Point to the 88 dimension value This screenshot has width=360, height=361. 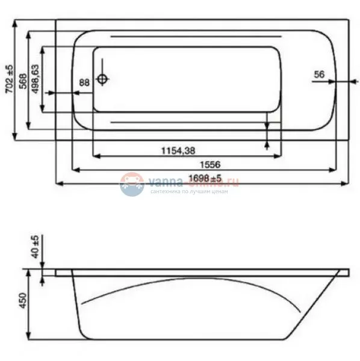84,82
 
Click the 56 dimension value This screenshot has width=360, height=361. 320,74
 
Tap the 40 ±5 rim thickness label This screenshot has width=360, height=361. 35,247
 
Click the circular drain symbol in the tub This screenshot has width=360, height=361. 103,79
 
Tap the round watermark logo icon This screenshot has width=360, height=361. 132,184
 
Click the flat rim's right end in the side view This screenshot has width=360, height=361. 346,272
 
